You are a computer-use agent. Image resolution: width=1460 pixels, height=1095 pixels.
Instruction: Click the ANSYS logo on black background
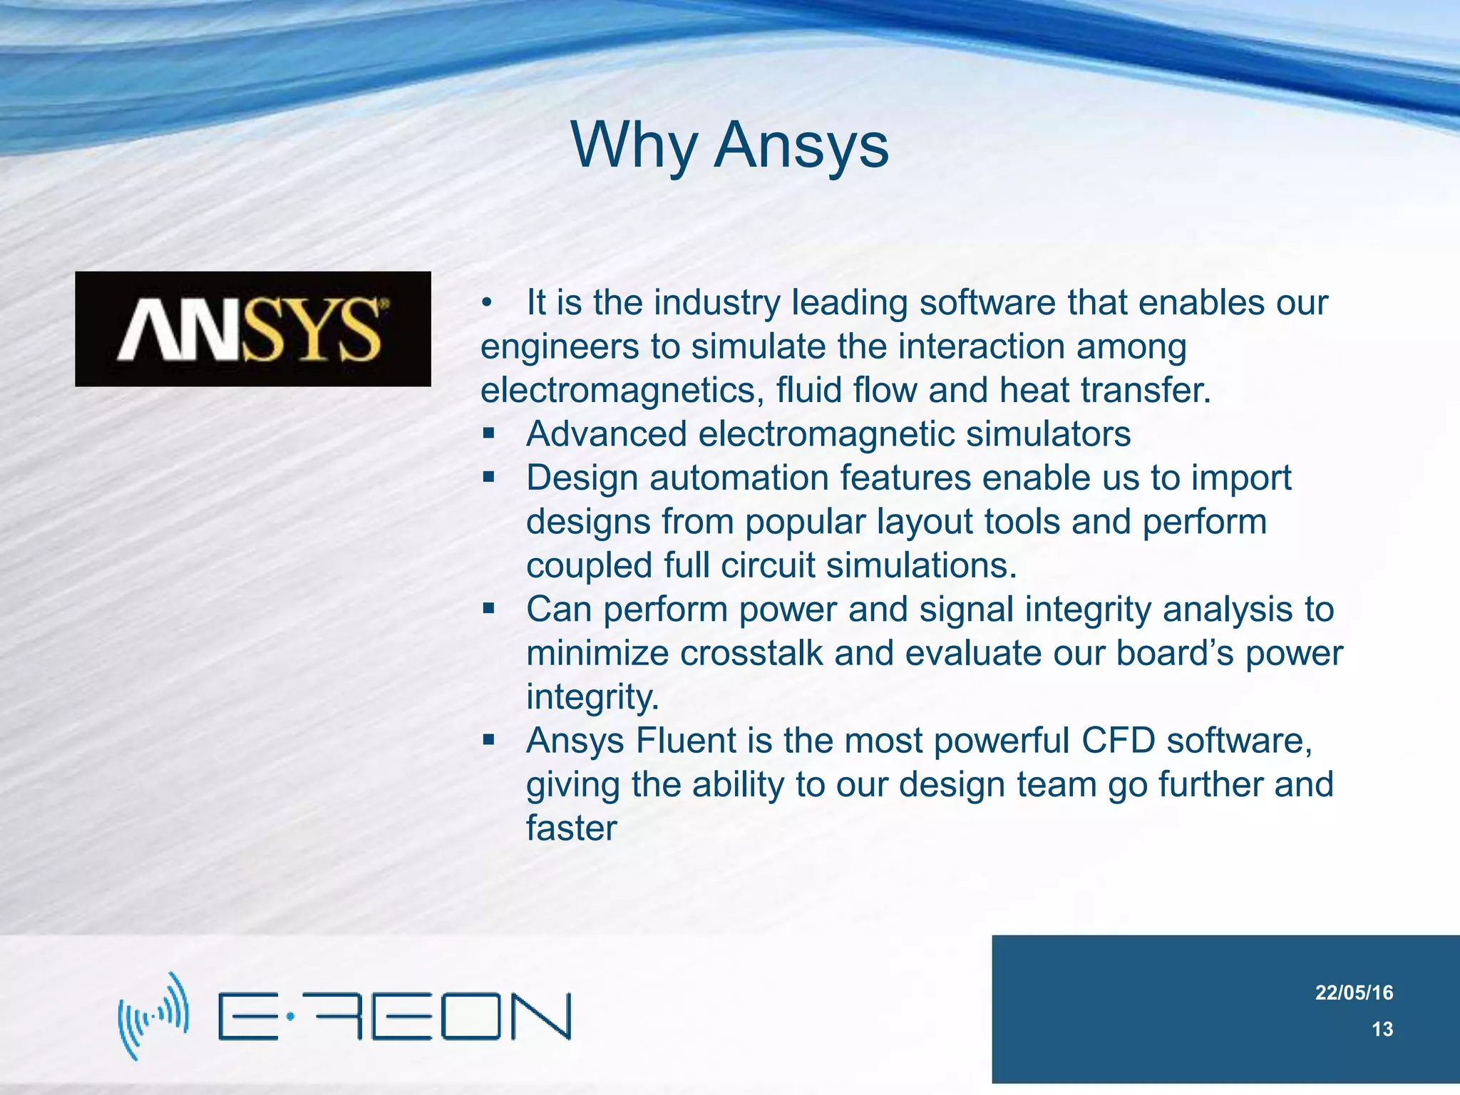253,329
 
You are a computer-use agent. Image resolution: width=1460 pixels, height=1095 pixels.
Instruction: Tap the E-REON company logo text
394,1016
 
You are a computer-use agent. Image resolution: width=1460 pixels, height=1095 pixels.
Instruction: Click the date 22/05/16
1354,992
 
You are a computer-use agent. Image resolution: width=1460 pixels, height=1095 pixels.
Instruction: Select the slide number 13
1382,1029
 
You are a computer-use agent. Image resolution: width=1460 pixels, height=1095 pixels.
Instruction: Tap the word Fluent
685,741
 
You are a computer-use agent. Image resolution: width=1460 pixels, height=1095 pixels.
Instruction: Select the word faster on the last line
571,828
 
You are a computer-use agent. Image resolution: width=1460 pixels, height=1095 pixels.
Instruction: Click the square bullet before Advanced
488,433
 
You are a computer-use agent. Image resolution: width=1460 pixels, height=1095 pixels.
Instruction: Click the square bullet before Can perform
488,609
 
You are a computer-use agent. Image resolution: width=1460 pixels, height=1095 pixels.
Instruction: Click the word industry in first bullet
717,303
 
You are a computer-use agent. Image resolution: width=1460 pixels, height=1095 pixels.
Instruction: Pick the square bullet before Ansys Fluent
488,740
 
